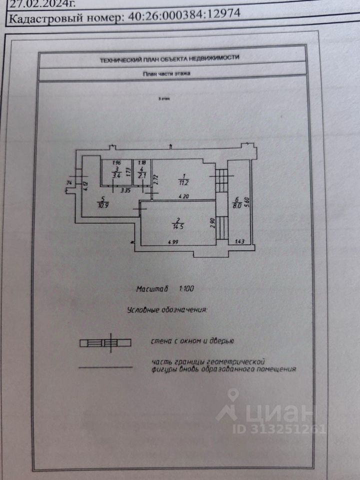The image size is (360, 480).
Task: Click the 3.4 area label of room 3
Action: [116, 175]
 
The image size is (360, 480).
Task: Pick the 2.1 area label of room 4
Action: [141, 175]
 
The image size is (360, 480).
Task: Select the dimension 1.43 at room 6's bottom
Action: [240, 242]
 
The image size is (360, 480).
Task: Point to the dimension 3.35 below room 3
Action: [118, 190]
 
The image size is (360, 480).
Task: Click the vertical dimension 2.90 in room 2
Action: [212, 222]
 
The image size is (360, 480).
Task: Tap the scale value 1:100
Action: [187, 289]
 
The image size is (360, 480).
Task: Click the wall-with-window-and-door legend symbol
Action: [105, 342]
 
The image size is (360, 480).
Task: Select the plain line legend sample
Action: [105, 367]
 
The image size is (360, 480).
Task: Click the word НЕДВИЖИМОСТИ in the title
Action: [215, 57]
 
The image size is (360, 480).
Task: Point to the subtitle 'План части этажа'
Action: [166, 73]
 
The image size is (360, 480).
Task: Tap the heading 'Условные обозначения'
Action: [167, 310]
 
